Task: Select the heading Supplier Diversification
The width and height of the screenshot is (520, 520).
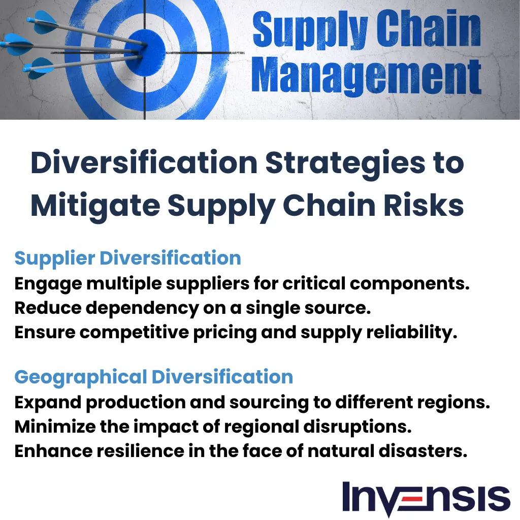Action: (x=127, y=258)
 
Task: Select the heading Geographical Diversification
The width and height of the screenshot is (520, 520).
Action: (x=153, y=377)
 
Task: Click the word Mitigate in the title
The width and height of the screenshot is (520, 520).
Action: (x=94, y=206)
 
